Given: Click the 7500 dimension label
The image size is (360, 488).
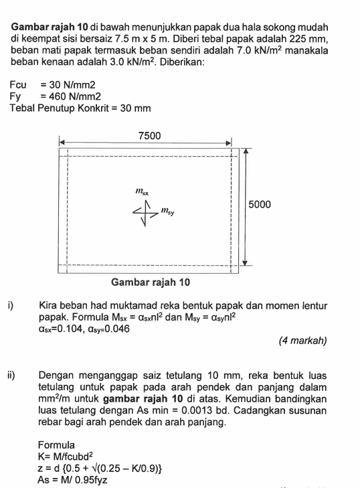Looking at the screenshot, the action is [x=149, y=135].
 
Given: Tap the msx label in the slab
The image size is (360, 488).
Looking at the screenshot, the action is [x=141, y=191].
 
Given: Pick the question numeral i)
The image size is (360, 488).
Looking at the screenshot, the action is [x=11, y=305].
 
